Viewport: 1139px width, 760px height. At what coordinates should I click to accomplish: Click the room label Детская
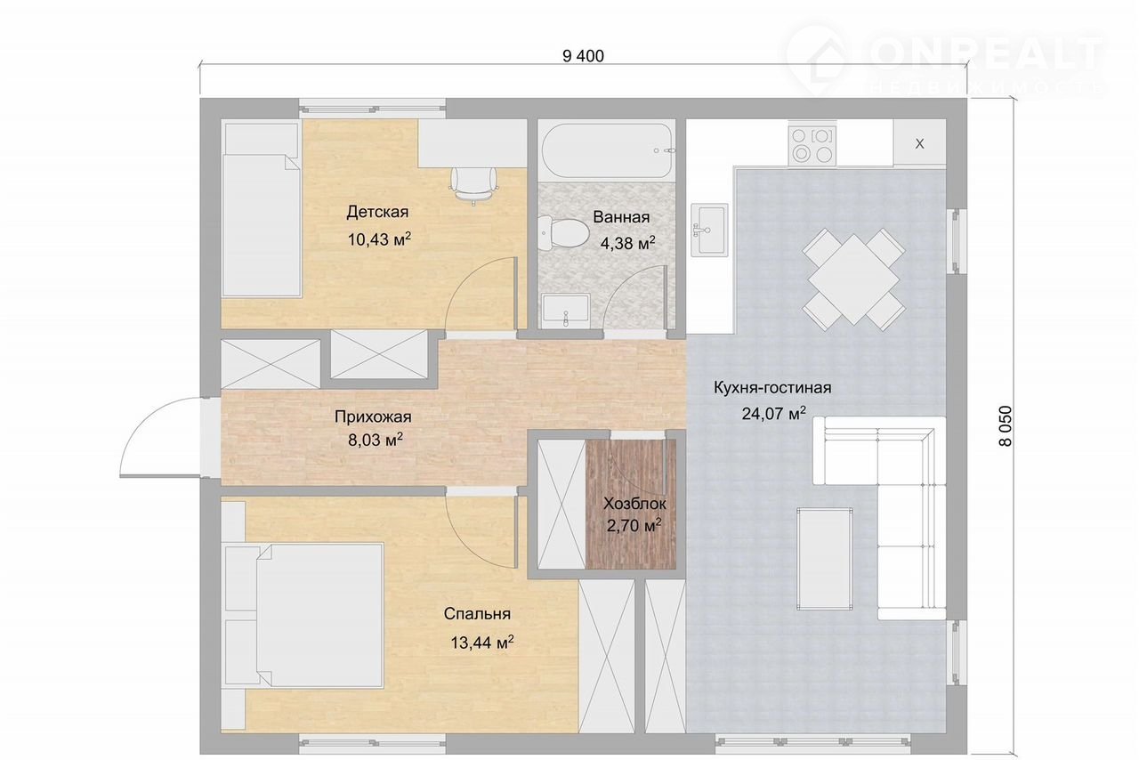[x=377, y=212]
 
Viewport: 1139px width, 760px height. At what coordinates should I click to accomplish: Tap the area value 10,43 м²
[x=379, y=239]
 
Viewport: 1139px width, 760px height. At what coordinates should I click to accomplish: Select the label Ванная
[x=621, y=217]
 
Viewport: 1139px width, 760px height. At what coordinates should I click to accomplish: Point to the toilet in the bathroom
[x=563, y=232]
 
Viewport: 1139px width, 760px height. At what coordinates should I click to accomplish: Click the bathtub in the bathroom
[x=608, y=150]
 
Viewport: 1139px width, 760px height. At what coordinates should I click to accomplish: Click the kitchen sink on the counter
[x=709, y=230]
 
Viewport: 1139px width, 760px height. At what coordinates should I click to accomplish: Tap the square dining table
[x=853, y=279]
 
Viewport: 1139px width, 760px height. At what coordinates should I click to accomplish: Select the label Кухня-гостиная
[x=772, y=388]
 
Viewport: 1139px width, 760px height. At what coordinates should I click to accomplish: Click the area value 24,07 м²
[x=773, y=413]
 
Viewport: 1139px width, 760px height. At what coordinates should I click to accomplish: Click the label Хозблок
[x=634, y=504]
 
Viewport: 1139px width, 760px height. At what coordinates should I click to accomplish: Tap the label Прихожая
[x=373, y=417]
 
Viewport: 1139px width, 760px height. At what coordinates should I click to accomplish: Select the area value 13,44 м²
[x=482, y=643]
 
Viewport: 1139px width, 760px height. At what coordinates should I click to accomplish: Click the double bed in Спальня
[x=303, y=616]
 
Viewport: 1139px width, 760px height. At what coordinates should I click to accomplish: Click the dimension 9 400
[x=583, y=56]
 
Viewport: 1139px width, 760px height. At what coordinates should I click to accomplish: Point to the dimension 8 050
[x=1006, y=426]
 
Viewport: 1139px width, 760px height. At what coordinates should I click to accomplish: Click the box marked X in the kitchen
[x=919, y=143]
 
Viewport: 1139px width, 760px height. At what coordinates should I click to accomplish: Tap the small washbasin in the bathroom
[x=565, y=311]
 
